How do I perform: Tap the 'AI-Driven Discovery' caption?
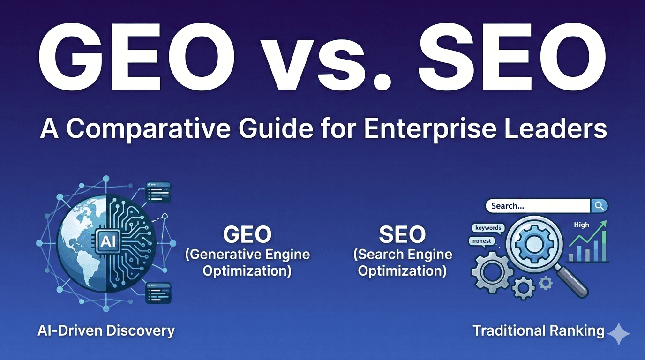click(106, 330)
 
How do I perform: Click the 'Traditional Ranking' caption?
click(539, 330)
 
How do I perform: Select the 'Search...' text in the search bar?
click(508, 206)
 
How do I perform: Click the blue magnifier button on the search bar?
click(599, 205)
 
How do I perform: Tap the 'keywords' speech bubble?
click(488, 228)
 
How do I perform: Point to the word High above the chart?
click(581, 225)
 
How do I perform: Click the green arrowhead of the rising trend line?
click(604, 224)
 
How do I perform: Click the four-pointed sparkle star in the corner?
click(619, 333)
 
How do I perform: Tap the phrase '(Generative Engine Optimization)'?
click(247, 263)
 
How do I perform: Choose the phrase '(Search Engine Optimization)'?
click(402, 263)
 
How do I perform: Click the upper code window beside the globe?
click(158, 192)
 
